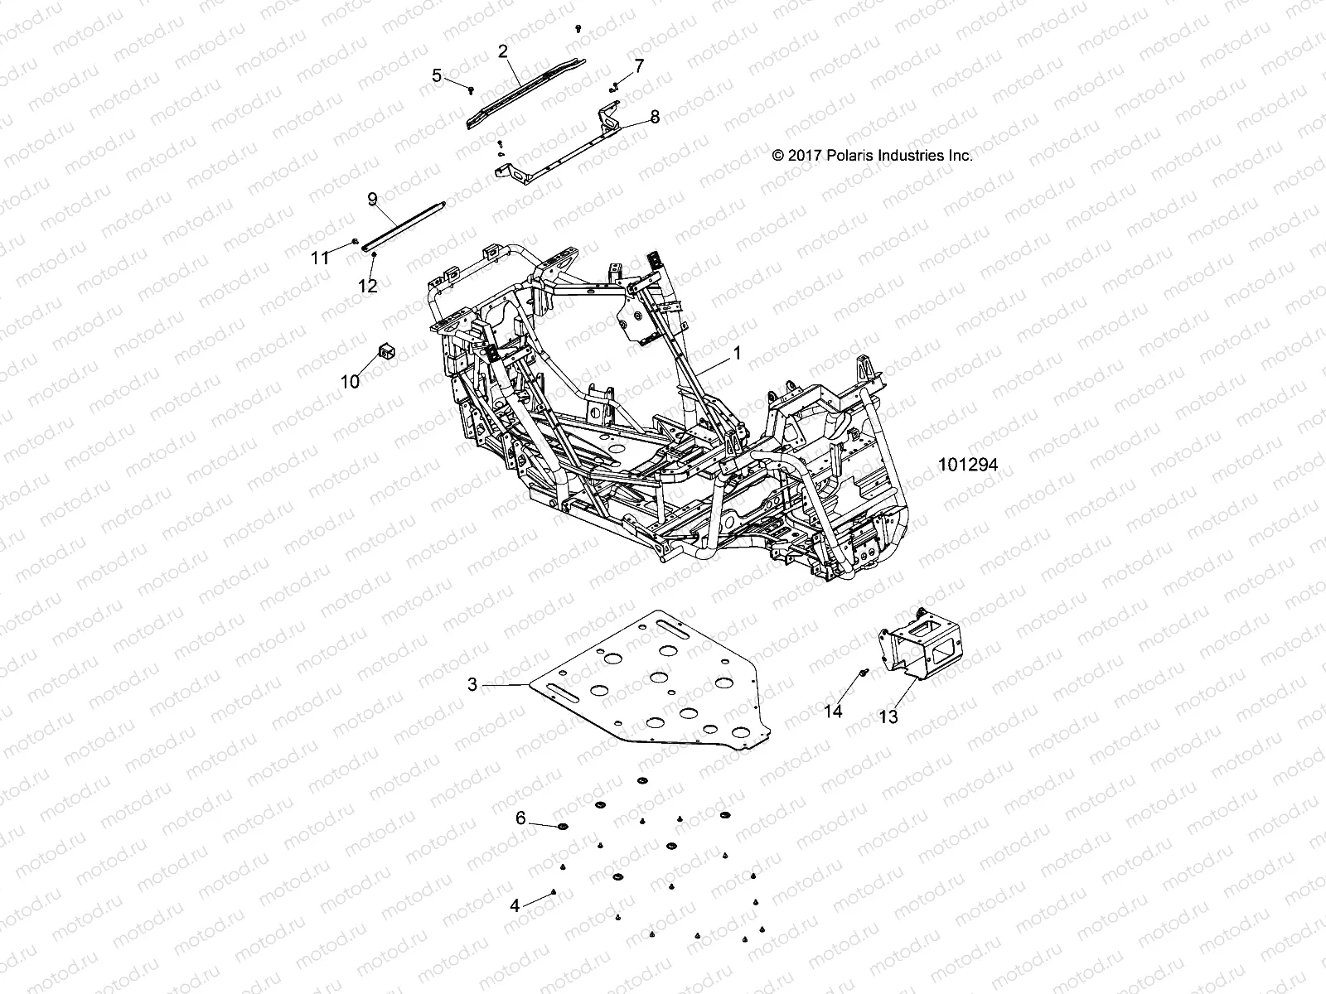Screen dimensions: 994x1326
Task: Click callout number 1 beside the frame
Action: [737, 353]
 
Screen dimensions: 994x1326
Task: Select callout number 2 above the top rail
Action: [502, 51]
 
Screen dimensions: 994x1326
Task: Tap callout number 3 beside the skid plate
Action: [472, 684]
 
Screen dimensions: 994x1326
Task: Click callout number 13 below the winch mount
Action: [888, 717]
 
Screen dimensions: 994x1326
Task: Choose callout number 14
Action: [833, 711]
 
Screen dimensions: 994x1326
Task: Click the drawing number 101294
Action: [967, 466]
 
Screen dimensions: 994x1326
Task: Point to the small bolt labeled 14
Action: [864, 673]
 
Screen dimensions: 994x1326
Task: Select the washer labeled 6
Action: [564, 828]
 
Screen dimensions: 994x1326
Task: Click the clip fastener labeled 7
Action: [614, 85]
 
